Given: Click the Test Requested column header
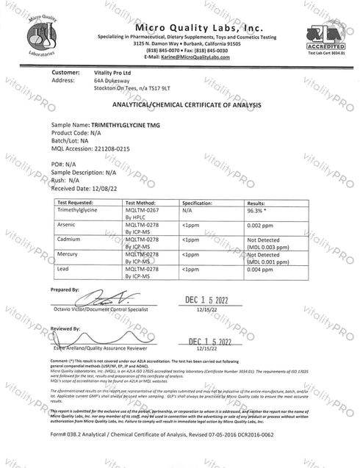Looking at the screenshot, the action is click(75, 200).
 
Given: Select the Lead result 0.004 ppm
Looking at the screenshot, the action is click(264, 270).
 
